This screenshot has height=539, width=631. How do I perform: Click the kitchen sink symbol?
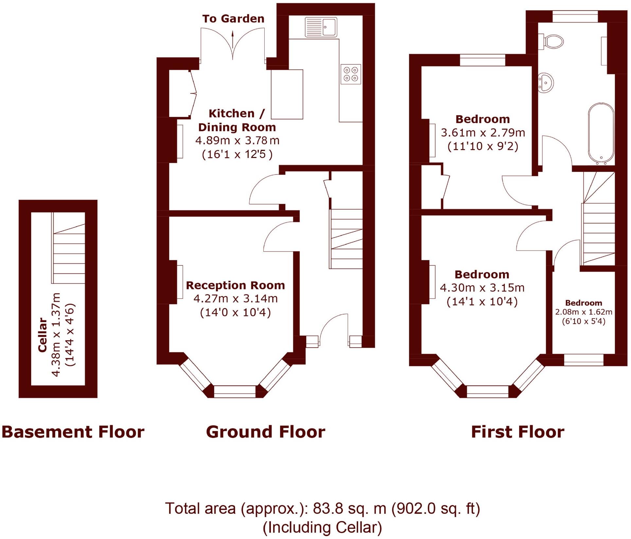[x=321, y=27]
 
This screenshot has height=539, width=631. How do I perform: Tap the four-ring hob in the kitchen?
[x=351, y=74]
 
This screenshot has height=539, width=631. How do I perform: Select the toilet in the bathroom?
[x=552, y=42]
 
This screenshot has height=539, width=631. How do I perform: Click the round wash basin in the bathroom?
[x=546, y=82]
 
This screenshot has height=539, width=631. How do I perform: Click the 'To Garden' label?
[x=233, y=19]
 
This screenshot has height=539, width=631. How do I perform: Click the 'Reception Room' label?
[x=235, y=285]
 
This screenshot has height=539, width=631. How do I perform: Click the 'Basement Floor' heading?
[x=73, y=432]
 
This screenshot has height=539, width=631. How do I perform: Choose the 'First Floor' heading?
[x=517, y=432]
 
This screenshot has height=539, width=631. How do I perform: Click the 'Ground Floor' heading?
[x=266, y=432]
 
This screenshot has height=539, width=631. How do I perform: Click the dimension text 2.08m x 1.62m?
[x=584, y=312]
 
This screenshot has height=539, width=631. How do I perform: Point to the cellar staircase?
[x=69, y=253]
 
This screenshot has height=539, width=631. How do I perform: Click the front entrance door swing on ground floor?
[x=334, y=329]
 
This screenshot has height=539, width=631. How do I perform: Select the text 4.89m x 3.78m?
[x=237, y=141]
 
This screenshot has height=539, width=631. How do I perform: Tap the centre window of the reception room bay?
[x=235, y=391]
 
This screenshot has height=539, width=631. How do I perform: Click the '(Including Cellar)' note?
[x=322, y=528]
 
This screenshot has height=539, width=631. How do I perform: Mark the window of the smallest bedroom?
[x=584, y=360]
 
